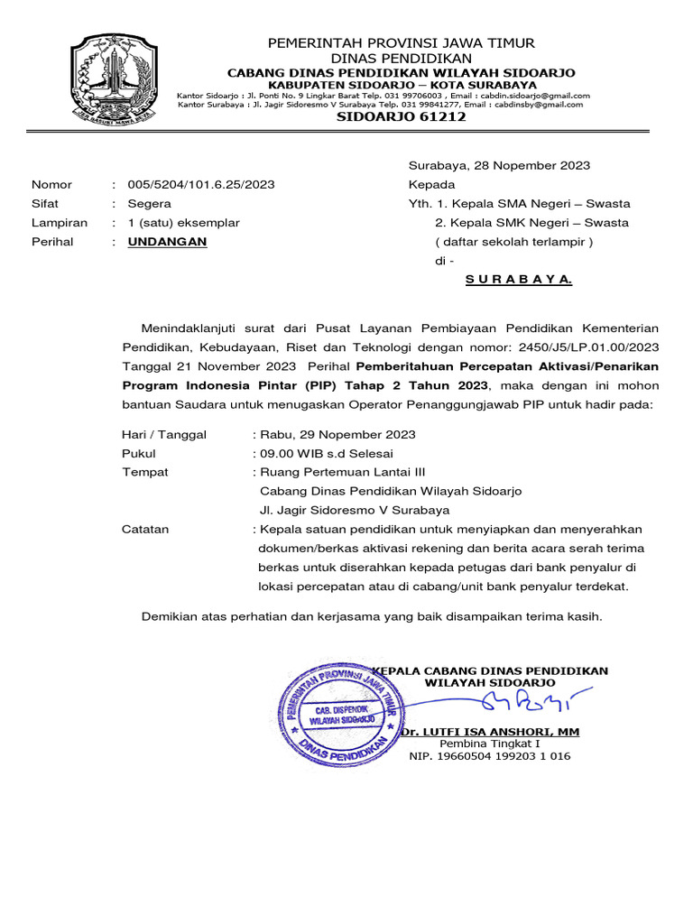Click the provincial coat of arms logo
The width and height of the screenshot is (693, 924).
pyautogui.click(x=114, y=79)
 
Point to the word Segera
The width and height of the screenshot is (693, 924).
pyautogui.click(x=149, y=204)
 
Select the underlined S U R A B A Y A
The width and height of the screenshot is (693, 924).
pyautogui.click(x=519, y=280)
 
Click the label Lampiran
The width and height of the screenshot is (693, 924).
pyautogui.click(x=60, y=223)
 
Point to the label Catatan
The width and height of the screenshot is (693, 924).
pyautogui.click(x=145, y=530)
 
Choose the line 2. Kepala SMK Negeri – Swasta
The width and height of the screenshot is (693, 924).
pyautogui.click(x=531, y=223)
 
